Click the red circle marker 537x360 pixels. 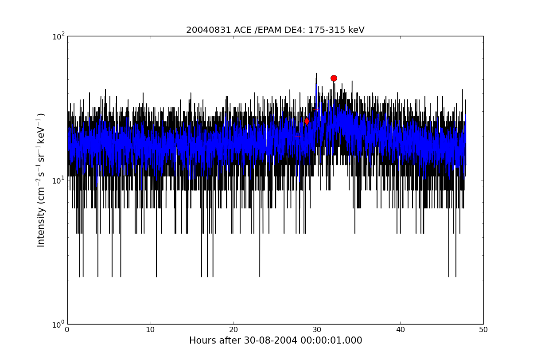tap(334, 78)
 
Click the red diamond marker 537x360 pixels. tap(307, 121)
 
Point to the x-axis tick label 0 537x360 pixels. tap(67, 330)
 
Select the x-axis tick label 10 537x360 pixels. tap(150, 330)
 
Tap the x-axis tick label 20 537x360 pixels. tap(233, 330)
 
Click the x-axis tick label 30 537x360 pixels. tap(317, 330)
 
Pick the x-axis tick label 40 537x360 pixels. tap(400, 330)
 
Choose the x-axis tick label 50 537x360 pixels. tap(483, 330)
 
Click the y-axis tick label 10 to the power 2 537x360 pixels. tap(58, 36)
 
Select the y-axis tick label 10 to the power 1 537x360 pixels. tap(58, 180)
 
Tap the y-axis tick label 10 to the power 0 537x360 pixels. tap(58, 325)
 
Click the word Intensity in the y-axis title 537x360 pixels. tap(41, 227)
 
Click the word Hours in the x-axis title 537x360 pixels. tap(201, 340)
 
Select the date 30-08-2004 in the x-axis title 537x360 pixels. tap(270, 340)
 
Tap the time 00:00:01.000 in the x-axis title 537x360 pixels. tap(331, 340)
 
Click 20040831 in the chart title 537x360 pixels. tap(209, 30)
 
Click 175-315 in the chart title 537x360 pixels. tap(327, 30)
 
